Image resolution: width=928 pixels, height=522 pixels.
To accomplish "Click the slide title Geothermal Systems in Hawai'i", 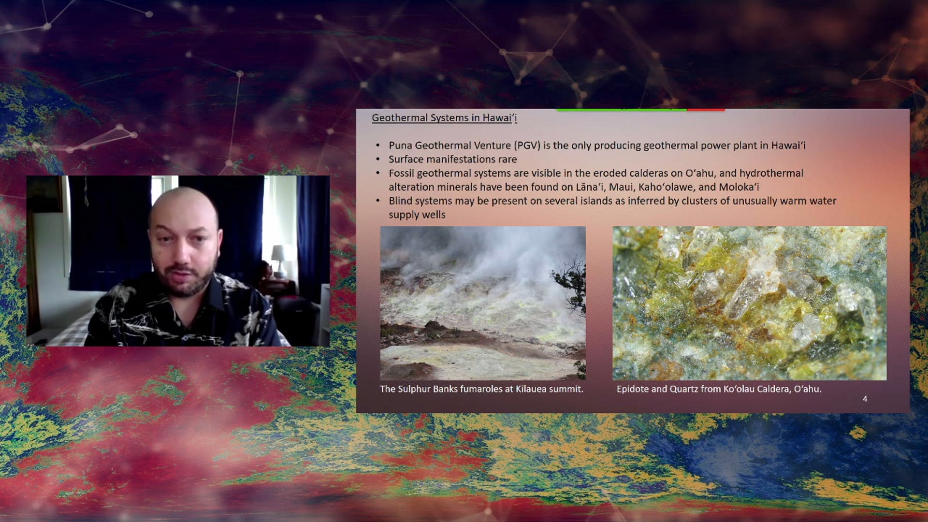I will tap(444, 118).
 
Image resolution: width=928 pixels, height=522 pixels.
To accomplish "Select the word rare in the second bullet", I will tap(506, 159).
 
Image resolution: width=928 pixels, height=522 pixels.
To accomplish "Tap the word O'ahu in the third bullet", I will tap(699, 173).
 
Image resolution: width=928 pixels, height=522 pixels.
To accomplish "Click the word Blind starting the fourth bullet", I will tap(400, 201).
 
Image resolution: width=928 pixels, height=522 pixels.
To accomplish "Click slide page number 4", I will tap(865, 399).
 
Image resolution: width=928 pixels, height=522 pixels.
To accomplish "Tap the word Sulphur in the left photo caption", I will tap(414, 389).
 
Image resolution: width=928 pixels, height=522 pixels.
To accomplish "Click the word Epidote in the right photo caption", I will tap(632, 389).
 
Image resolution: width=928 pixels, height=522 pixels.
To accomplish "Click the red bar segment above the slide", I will tap(706, 110).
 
